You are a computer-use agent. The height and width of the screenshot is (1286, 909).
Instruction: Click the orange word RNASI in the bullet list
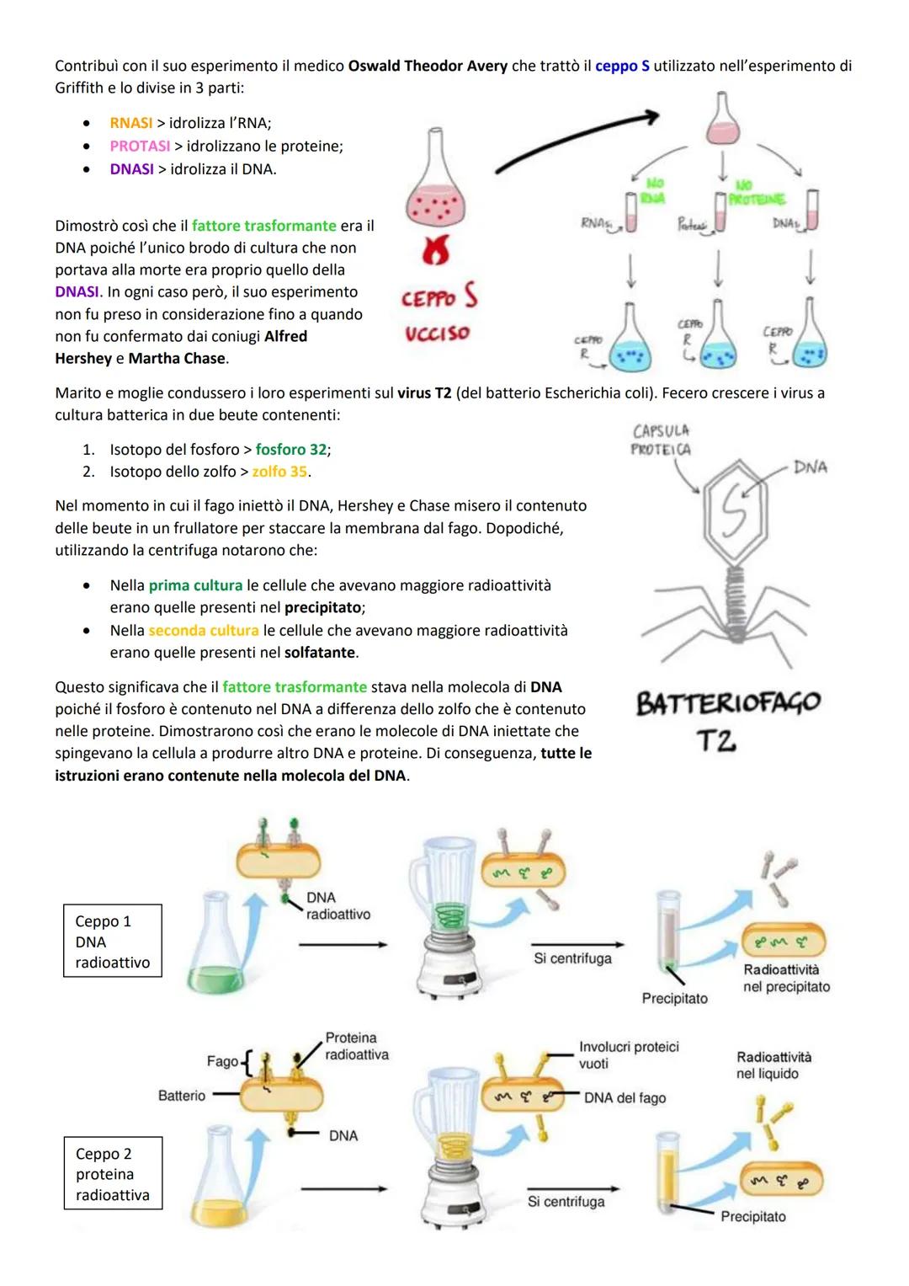coord(131,123)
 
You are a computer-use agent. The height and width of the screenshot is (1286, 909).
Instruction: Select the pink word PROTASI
coord(140,147)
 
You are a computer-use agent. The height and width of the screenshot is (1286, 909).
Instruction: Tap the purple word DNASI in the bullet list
coord(131,169)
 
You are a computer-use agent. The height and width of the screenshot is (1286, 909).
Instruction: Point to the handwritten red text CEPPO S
coord(439,298)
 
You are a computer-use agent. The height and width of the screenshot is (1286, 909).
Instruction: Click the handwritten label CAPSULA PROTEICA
coord(661,440)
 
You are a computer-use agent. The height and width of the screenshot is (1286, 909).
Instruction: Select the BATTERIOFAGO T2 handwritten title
coord(727,721)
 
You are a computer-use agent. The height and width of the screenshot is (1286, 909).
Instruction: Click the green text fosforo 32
coord(292,450)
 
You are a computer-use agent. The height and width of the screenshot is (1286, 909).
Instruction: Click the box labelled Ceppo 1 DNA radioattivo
coord(113,942)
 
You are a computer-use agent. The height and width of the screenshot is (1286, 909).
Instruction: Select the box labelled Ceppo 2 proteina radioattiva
coord(113,1174)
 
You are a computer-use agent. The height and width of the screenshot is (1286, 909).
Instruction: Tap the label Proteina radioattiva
coord(357,1046)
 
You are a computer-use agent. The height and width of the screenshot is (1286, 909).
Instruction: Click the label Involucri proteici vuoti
coord(628,1054)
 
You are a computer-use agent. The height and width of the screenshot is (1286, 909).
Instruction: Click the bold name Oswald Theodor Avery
coord(428,66)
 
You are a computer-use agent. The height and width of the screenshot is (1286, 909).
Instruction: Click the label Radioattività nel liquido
coord(773,1065)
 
